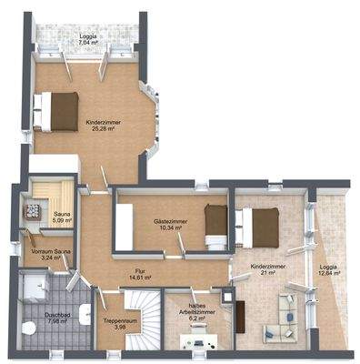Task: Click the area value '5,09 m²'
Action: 62,220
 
